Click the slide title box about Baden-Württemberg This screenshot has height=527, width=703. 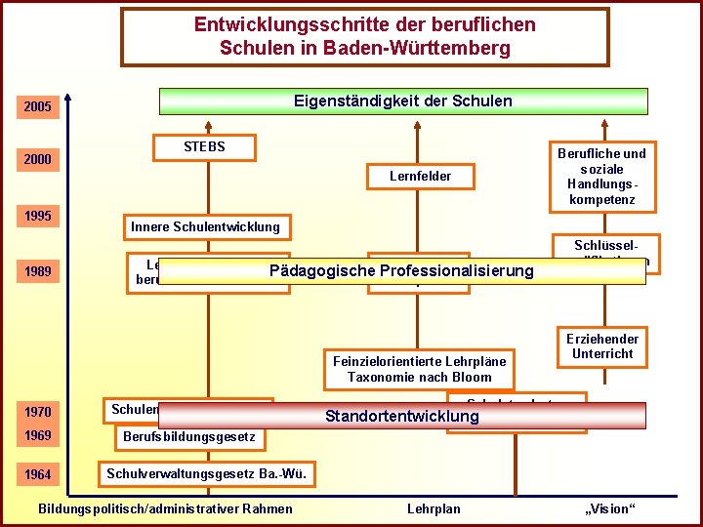[364, 38]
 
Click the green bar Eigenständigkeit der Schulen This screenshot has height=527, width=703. [403, 101]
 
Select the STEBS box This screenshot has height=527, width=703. [205, 147]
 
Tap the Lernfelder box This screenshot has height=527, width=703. [420, 177]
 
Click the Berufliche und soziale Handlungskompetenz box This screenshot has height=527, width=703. [601, 177]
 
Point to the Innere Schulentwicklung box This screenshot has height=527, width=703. [205, 227]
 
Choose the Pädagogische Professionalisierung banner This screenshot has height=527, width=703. [401, 271]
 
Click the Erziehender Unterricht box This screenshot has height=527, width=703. [601, 346]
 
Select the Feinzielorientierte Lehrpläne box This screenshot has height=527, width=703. [420, 369]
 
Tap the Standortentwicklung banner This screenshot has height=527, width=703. [401, 417]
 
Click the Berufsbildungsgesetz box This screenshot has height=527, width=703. [188, 436]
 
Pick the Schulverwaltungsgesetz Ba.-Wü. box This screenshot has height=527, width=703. [207, 475]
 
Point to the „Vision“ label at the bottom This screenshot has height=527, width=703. [609, 508]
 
